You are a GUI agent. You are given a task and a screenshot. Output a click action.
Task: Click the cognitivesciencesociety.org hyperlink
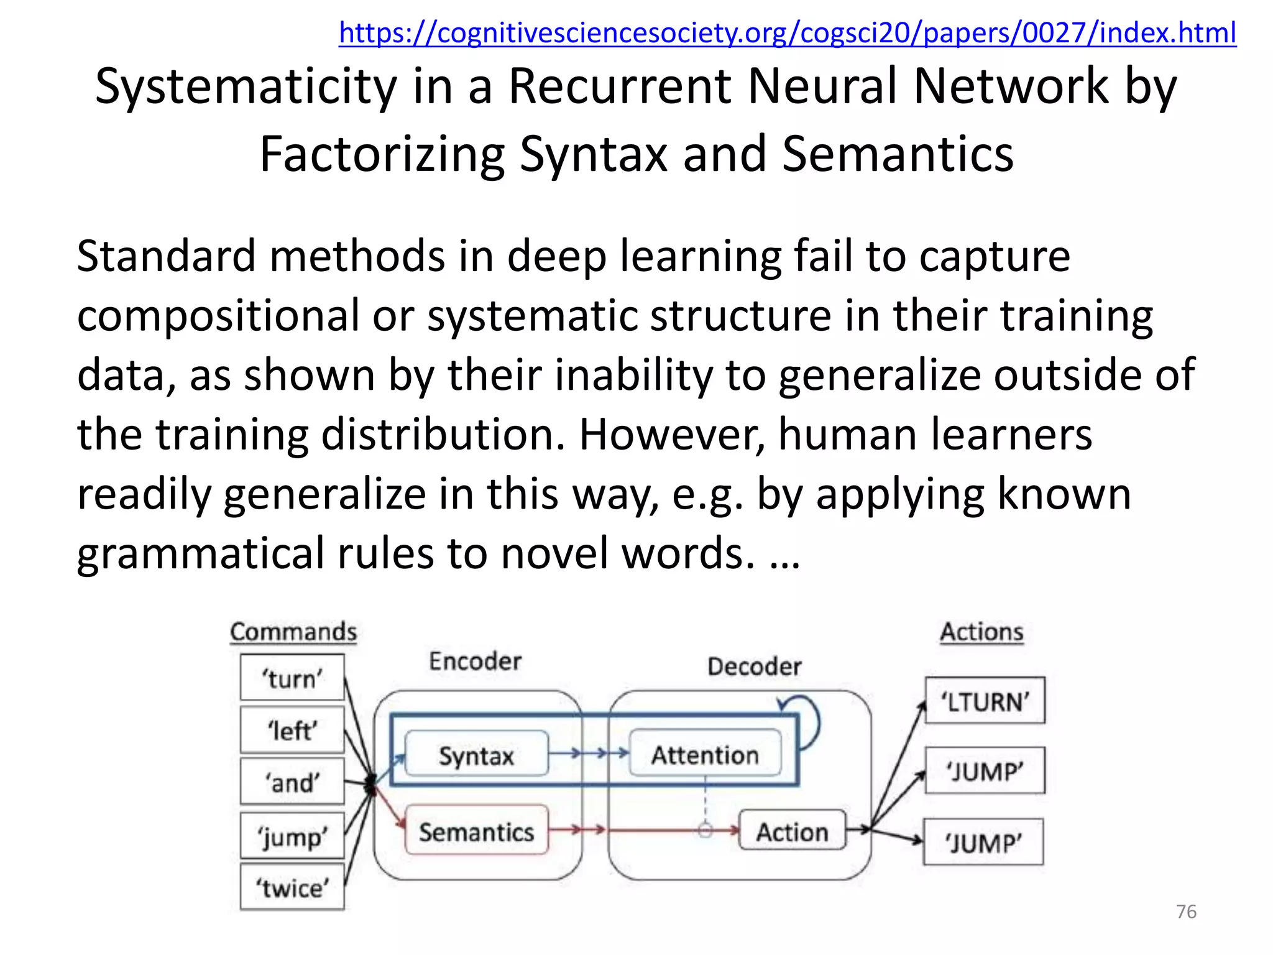tap(787, 32)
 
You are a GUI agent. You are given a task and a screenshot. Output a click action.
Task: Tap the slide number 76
tap(1186, 911)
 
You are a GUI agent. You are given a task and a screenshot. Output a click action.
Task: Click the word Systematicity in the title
tap(246, 87)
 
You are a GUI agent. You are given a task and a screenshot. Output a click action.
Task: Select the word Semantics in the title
tap(898, 154)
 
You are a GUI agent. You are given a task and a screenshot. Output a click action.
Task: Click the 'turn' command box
tap(292, 678)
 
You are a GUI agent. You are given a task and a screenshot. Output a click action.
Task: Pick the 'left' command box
tap(292, 730)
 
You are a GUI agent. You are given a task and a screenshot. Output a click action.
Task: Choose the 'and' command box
tap(292, 782)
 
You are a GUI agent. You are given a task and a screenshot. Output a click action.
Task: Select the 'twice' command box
tap(292, 887)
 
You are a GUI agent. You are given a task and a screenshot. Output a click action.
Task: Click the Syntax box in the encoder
tap(477, 755)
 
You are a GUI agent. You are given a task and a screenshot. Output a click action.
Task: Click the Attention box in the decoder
tap(705, 754)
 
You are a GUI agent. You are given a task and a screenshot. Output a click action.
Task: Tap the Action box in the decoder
tap(792, 831)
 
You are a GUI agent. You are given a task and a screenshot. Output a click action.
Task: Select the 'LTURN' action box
tap(985, 701)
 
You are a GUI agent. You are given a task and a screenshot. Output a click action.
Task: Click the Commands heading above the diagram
tap(293, 632)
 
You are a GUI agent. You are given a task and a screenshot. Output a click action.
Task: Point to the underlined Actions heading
tap(981, 632)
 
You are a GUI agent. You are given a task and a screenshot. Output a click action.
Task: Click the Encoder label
tap(475, 661)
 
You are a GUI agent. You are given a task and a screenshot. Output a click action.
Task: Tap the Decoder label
tap(754, 667)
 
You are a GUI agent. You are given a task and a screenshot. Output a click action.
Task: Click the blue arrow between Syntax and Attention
tap(588, 754)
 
